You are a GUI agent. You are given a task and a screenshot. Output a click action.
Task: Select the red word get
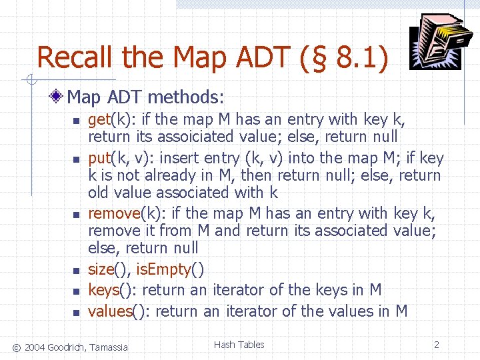point(99,120)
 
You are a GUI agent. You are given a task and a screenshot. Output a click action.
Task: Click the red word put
point(99,159)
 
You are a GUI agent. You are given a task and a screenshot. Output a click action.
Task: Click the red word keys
point(103,291)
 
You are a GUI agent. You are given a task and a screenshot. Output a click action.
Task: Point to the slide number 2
point(436,345)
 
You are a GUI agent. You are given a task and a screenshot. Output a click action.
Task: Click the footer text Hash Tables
point(239,345)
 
